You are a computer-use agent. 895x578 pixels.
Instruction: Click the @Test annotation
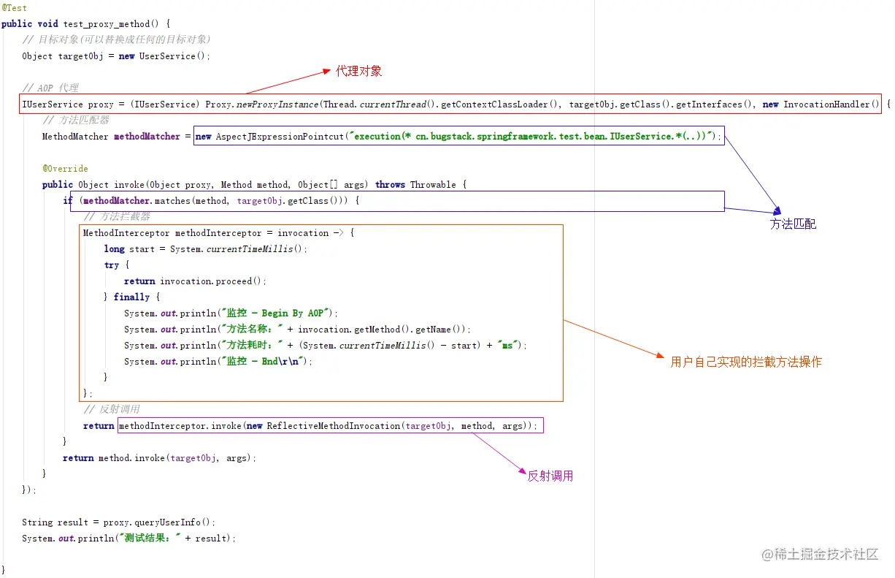click(x=14, y=8)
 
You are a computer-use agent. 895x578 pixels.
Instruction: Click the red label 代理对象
click(x=358, y=71)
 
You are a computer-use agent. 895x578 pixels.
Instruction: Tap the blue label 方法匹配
click(x=793, y=224)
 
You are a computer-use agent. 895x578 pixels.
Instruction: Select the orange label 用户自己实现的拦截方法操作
click(x=745, y=362)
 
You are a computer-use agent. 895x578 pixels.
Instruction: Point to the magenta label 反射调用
click(x=550, y=476)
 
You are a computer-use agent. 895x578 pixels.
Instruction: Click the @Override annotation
click(x=65, y=168)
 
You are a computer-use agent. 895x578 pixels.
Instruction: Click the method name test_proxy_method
click(x=107, y=24)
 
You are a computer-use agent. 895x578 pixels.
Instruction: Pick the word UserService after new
click(x=167, y=56)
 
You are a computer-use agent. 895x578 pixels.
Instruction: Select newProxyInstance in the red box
click(x=277, y=104)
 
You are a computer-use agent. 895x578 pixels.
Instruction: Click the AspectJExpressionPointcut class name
click(x=280, y=137)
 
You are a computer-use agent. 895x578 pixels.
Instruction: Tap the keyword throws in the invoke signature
click(x=390, y=185)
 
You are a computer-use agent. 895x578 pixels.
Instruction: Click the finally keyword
click(x=131, y=297)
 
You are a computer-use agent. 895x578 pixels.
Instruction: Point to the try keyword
click(x=112, y=265)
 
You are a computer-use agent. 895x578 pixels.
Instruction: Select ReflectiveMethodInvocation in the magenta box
click(x=334, y=426)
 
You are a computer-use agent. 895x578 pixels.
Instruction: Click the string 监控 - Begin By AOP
click(x=275, y=313)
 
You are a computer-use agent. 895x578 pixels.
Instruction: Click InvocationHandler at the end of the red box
click(x=826, y=104)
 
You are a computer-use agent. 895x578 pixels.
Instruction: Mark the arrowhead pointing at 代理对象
click(x=327, y=71)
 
